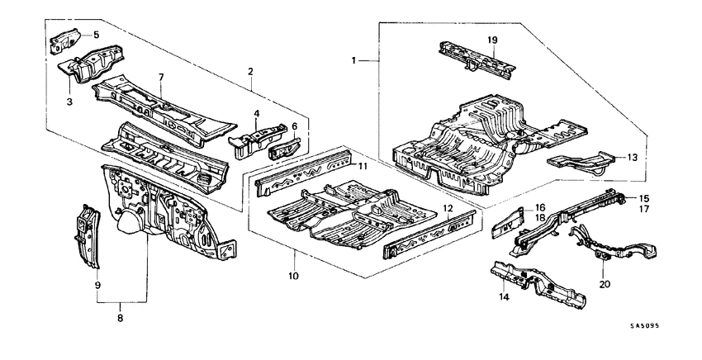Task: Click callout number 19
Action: point(491,39)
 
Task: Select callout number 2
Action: point(249,73)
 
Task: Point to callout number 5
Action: point(96,35)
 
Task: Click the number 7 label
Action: point(162,77)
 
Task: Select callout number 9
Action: point(97,285)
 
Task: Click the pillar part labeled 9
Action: point(86,235)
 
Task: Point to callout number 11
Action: point(361,166)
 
